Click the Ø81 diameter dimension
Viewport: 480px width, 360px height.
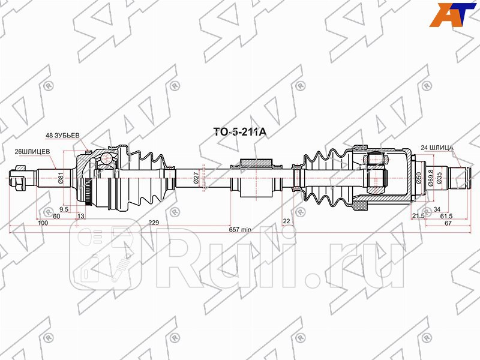tap(61, 178)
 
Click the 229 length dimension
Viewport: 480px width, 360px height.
tap(154, 223)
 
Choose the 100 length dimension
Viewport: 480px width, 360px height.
tap(42, 223)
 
